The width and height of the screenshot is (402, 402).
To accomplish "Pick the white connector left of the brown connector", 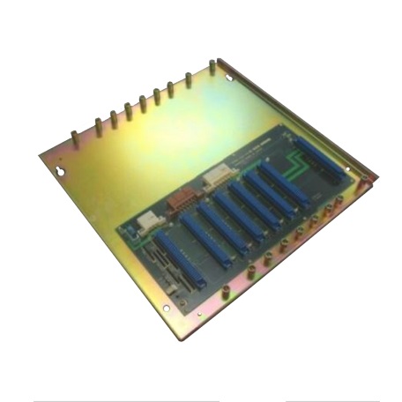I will (151, 219).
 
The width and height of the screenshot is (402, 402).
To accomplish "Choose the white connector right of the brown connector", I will (214, 181).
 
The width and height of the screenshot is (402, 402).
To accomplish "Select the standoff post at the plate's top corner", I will (212, 66).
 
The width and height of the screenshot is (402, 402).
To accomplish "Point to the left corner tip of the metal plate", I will (41, 157).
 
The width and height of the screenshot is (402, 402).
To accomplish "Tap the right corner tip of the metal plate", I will (376, 180).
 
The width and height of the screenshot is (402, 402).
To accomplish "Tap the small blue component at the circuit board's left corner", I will (130, 232).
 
